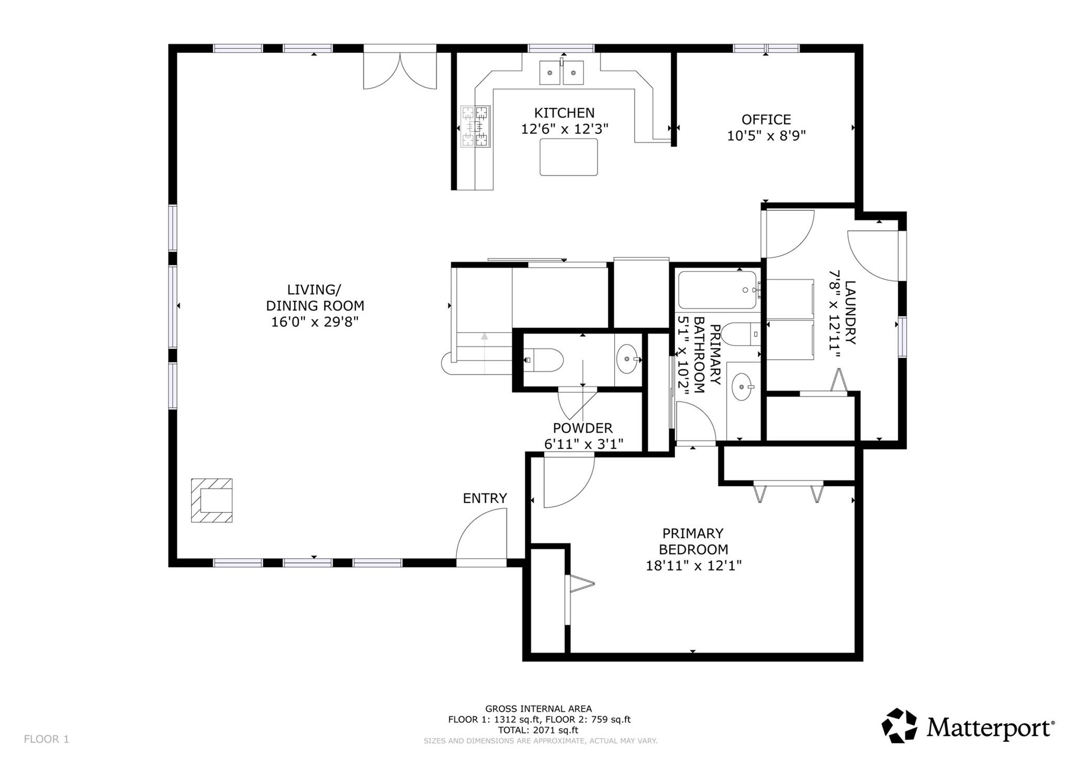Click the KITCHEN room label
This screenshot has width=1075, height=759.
(564, 113)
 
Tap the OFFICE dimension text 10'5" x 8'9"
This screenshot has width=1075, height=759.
(766, 136)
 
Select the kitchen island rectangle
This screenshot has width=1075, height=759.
(568, 157)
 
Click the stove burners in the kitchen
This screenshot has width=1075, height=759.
(475, 126)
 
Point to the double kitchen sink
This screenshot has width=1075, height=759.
(562, 72)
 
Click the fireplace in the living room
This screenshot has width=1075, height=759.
(212, 500)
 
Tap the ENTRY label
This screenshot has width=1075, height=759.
(484, 498)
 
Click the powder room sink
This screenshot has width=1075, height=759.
(628, 359)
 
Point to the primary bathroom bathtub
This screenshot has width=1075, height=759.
(717, 290)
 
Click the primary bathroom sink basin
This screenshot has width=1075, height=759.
(742, 387)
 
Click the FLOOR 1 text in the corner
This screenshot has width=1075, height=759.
(46, 739)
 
